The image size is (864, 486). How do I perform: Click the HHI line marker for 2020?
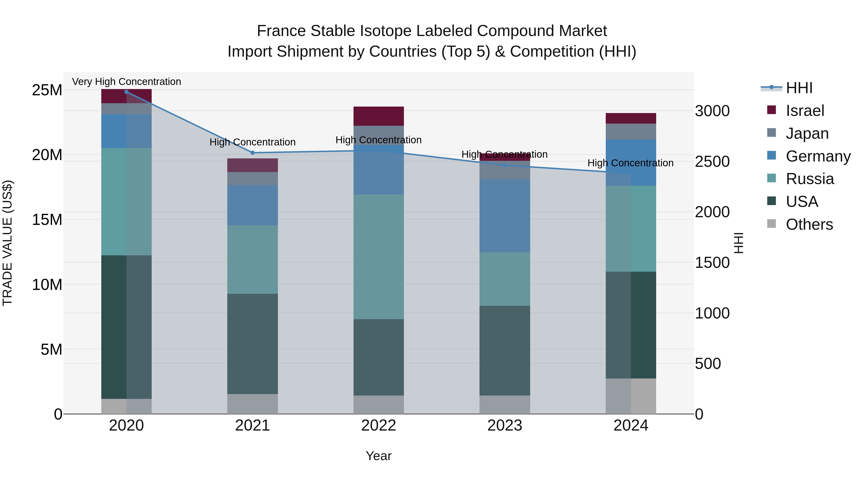pos(126,92)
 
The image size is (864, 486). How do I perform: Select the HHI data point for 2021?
pos(252,153)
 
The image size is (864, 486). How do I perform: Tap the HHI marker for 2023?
pos(504,165)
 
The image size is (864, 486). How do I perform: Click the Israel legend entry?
pos(805,111)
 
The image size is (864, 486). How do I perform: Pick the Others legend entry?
pos(809,224)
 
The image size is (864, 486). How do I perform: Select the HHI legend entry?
pos(799,88)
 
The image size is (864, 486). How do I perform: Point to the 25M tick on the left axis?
pos(47,90)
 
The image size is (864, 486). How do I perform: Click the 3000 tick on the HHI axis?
pos(712,111)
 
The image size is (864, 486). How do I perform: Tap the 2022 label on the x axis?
pos(379,426)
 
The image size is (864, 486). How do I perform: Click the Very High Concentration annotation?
pos(126,82)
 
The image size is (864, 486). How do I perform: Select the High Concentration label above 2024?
pos(630,163)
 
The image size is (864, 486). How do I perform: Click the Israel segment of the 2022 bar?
pos(379,116)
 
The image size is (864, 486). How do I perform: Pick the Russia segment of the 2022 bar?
pos(379,257)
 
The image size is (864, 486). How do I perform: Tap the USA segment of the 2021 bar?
pos(252,344)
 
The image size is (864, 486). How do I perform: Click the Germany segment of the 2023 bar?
pos(504,216)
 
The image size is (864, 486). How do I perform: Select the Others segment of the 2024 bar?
pos(630,396)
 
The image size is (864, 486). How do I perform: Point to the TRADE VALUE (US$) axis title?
pos(7,243)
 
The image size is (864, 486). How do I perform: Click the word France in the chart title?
pos(281,31)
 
